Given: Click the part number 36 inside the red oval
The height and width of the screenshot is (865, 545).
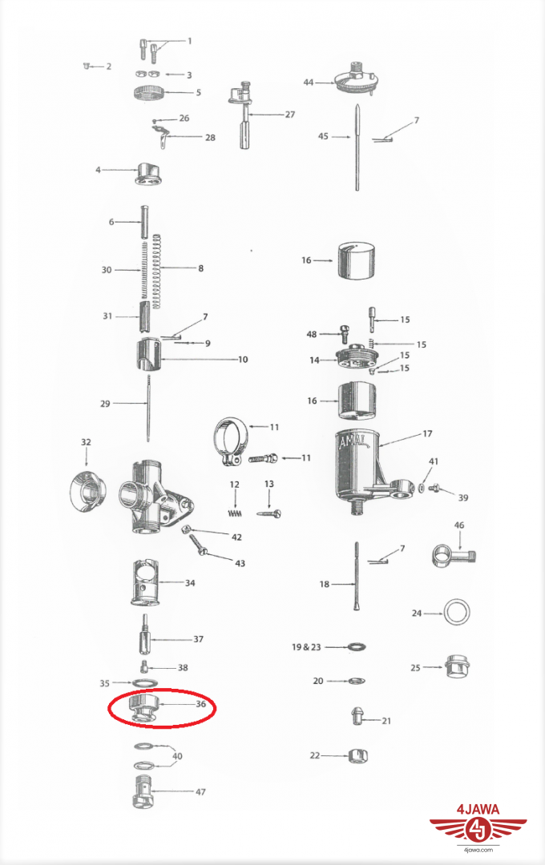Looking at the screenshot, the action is (201, 704).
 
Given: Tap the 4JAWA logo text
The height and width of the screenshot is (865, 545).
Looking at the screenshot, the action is (478, 810).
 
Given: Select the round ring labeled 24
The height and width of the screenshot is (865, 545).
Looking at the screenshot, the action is (457, 613).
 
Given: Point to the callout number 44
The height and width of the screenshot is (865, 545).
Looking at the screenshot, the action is (309, 82).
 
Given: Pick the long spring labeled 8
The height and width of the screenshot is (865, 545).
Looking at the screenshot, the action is (156, 271).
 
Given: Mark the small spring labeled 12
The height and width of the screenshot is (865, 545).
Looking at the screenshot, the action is (236, 513).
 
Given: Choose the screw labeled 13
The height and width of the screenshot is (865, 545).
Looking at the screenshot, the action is (270, 513).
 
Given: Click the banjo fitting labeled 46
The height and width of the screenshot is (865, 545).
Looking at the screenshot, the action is (454, 555).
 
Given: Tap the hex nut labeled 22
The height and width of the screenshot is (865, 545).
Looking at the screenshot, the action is (358, 755).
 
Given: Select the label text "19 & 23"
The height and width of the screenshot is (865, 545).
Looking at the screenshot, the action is (306, 646).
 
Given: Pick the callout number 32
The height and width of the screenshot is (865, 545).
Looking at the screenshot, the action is (86, 442).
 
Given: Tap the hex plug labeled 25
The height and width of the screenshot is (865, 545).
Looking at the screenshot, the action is (457, 666).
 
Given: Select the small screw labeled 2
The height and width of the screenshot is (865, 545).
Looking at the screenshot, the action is (86, 66).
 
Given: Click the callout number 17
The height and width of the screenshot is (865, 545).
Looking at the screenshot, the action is (427, 433).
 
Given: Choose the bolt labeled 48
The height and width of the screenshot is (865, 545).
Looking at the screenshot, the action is (344, 333).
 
